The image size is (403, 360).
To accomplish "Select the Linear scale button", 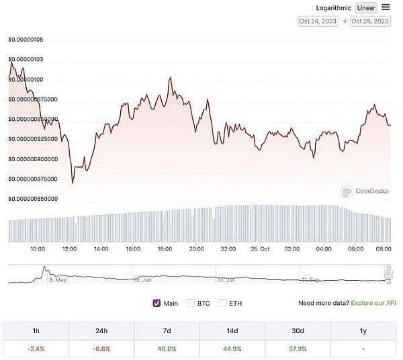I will pos(366,8).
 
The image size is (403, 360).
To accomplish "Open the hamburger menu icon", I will pos(386,7).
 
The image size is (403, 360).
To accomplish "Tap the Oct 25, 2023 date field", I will pos(370,21).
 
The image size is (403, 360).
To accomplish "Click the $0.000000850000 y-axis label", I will pos(33,199).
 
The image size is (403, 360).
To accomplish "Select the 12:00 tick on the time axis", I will pos(69,249).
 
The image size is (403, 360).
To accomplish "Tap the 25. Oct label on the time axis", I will pos(261,249).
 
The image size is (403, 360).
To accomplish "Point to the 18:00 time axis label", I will pos(165,249).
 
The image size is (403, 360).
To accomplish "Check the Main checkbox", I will pos(157,303).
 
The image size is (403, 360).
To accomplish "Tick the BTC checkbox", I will pos(191,303).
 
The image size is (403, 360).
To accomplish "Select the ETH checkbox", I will pos(223,303).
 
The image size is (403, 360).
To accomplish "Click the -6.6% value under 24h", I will pos(102,349).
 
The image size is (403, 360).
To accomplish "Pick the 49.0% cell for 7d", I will pos(167,349).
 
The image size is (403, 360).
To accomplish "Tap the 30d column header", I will pos(298,330).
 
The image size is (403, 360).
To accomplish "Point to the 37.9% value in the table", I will pos(298,349).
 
